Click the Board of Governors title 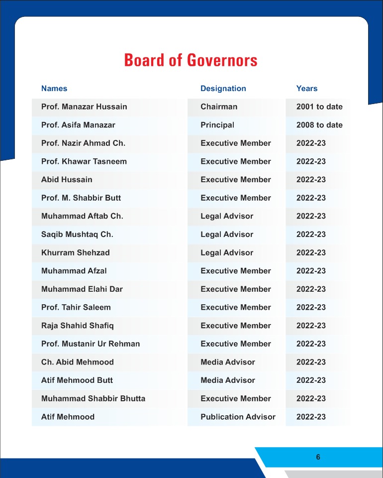tap(191, 60)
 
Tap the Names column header tap(54, 89)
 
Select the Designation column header tap(223, 89)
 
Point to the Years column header tap(306, 89)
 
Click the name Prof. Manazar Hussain tap(84, 107)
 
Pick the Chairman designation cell tap(219, 107)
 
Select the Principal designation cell tap(217, 125)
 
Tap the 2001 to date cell tap(319, 107)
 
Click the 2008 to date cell tap(319, 125)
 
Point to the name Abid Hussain tap(67, 180)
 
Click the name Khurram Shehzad tap(76, 252)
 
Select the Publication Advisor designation tap(238, 417)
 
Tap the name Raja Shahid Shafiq tap(78, 326)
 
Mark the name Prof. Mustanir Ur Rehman tap(91, 344)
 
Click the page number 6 tap(318, 457)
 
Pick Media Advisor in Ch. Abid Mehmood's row tap(228, 362)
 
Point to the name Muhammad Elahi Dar tap(82, 289)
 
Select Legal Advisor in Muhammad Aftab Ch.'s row tap(227, 216)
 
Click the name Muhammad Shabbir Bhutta tap(94, 398)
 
